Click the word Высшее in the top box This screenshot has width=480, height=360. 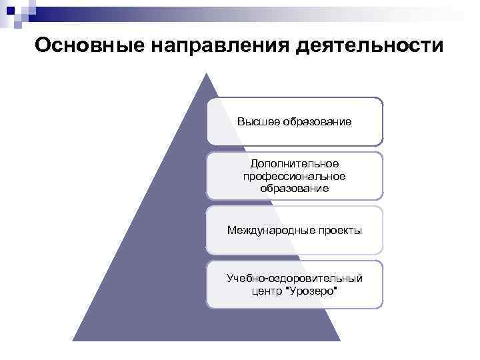259,122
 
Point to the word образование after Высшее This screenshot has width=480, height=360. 317,122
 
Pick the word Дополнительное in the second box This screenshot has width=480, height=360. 295,163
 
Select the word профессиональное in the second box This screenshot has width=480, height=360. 295,176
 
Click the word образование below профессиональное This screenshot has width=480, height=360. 295,189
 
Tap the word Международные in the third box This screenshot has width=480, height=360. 270,231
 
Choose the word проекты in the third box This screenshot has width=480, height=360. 339,231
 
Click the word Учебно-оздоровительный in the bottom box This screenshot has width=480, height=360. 295,277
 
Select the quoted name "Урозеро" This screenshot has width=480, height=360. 311,291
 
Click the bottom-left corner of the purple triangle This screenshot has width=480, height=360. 73,341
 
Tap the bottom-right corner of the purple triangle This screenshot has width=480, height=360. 340,341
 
